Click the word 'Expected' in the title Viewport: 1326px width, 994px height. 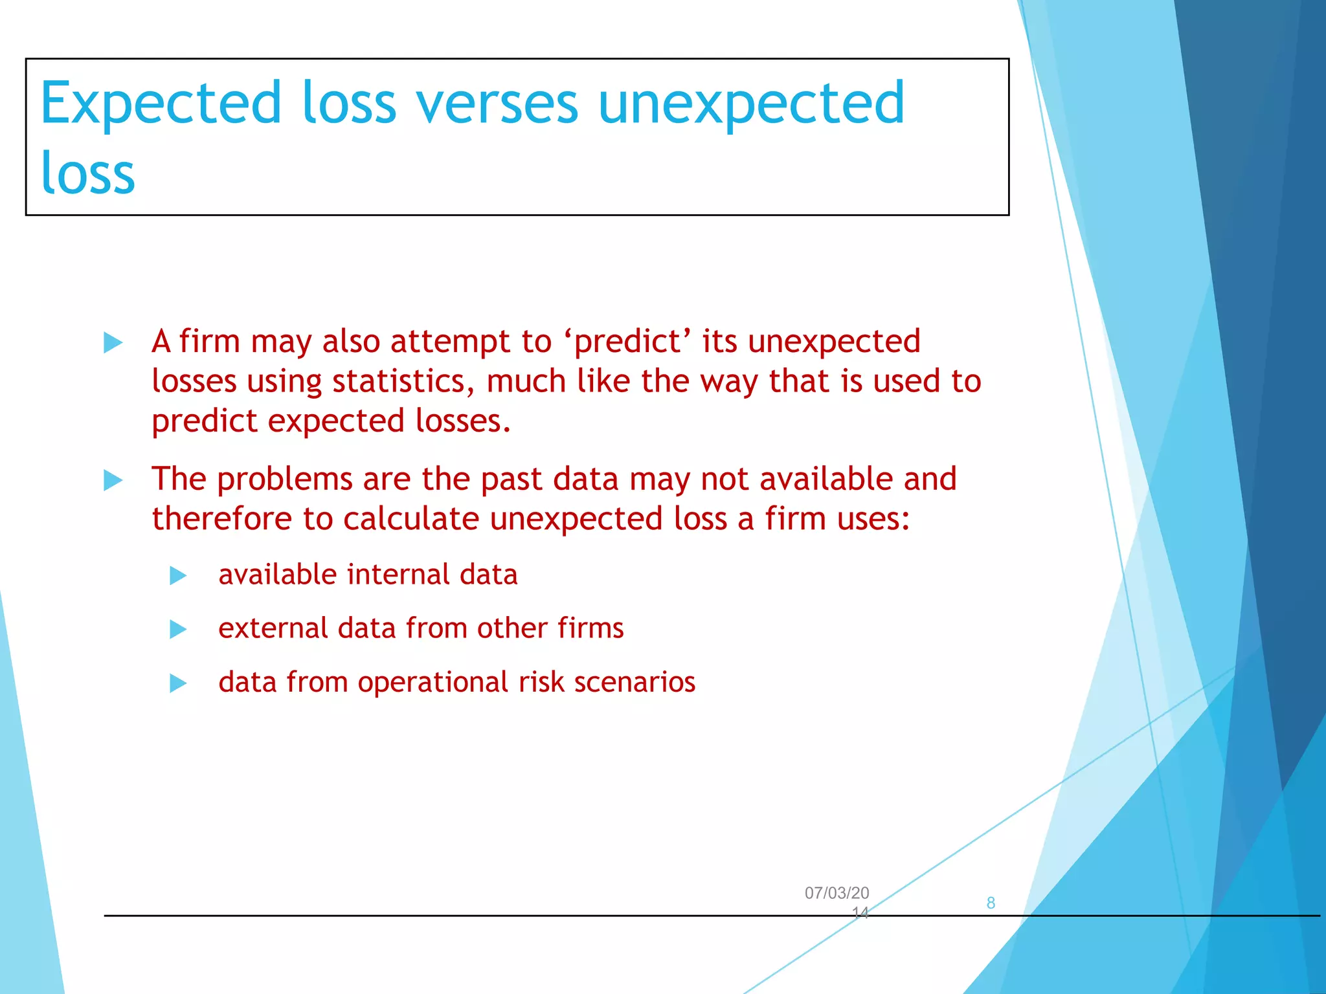pos(161,104)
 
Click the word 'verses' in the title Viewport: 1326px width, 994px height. pos(497,104)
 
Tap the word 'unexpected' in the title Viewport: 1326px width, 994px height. pos(751,104)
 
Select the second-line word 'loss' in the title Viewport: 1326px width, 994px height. pos(87,173)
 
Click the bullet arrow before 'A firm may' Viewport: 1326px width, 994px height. pos(113,342)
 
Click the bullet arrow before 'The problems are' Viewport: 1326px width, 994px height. pos(113,480)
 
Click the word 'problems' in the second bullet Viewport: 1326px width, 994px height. pos(284,480)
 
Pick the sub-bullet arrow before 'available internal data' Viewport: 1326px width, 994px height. pos(178,575)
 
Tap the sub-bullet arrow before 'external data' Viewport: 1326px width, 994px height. pos(178,629)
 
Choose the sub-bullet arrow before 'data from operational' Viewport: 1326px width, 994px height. pos(178,683)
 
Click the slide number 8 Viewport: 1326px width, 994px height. pos(990,903)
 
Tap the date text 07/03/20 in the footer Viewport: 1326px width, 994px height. pos(837,893)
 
